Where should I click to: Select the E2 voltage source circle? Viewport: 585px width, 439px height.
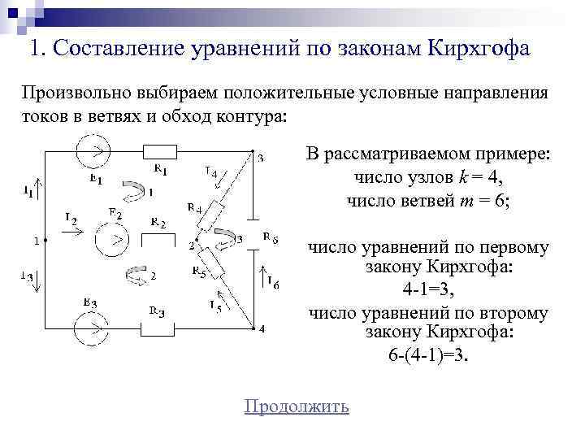click(x=113, y=240)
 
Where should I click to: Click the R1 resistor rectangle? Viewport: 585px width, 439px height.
click(x=159, y=151)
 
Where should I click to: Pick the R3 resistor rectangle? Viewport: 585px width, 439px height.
click(x=160, y=328)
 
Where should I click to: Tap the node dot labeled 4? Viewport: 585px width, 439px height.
click(x=252, y=328)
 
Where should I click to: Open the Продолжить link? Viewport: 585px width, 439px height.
click(x=297, y=406)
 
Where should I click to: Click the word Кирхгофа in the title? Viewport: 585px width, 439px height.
click(x=475, y=49)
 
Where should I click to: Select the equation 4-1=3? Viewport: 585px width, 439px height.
click(x=428, y=289)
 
